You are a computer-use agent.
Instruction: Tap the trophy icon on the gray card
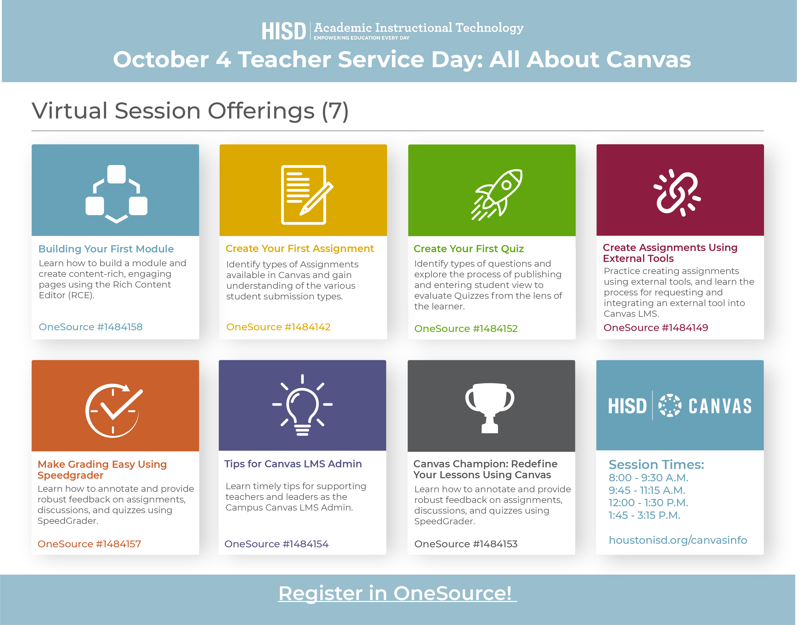tap(490, 408)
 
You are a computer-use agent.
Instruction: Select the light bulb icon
tap(302, 405)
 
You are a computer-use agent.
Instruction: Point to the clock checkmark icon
tap(114, 410)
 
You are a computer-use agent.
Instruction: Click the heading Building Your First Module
tap(106, 249)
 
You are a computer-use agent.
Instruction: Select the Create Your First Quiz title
tap(469, 249)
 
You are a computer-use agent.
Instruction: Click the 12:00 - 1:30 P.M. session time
tap(648, 503)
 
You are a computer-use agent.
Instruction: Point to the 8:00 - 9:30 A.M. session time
tap(648, 478)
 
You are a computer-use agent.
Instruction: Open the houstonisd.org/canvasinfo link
tap(678, 540)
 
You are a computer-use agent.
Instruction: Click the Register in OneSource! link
tap(398, 593)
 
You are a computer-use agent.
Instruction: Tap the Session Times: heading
tap(656, 464)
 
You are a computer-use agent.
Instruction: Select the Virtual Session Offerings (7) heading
tap(190, 111)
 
